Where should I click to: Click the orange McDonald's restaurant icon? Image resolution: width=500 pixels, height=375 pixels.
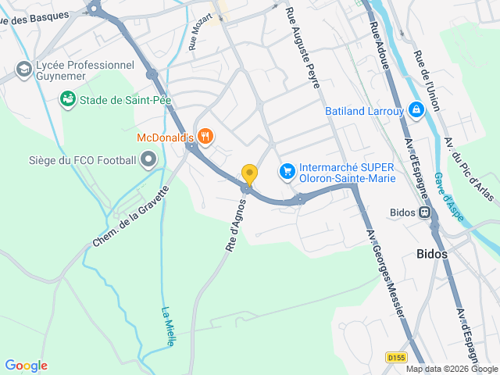tap(205, 137)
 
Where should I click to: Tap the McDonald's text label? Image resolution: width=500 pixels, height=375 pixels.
tap(165, 137)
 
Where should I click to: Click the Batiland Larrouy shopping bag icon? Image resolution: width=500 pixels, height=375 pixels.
tap(416, 110)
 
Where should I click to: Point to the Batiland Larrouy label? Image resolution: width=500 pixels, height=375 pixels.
tap(364, 111)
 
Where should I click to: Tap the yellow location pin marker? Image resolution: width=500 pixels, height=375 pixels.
tap(249, 174)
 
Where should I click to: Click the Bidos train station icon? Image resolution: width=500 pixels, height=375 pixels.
tap(424, 212)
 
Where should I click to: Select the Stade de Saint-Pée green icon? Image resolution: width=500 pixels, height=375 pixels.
tap(68, 99)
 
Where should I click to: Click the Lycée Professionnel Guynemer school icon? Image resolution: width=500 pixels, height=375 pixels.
tap(23, 70)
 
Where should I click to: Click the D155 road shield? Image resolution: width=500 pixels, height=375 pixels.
tap(397, 357)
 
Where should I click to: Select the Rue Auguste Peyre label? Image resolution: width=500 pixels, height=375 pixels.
tap(303, 47)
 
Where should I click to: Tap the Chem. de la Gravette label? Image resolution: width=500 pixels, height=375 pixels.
tap(130, 217)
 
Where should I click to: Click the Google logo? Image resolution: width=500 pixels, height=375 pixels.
tap(26, 366)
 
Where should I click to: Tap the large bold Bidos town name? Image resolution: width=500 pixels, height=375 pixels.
tap(432, 254)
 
